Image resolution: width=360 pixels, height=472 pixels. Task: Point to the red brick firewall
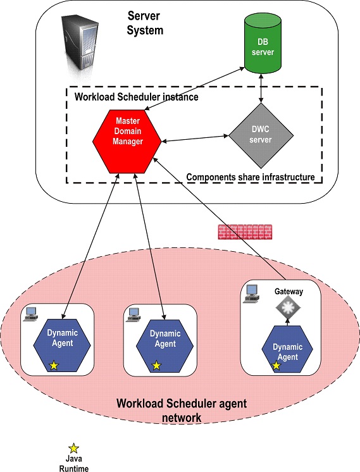245,231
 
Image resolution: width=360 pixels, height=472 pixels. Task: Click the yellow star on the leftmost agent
54,365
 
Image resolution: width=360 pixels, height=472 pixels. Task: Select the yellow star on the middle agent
156,365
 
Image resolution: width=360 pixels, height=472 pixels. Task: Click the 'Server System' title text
146,23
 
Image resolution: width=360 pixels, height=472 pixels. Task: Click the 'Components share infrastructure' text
251,178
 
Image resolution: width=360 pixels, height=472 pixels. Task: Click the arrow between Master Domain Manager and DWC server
195,137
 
